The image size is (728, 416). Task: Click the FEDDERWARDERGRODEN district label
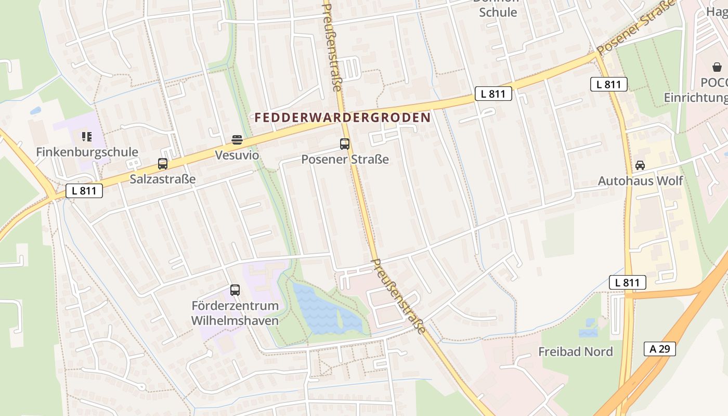343,118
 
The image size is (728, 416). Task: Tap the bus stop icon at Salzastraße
162,164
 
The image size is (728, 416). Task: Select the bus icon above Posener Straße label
344,144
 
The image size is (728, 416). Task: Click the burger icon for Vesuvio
237,139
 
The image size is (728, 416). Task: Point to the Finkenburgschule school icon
87,137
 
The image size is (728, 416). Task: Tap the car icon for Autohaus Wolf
640,165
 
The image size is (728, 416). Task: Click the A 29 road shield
659,349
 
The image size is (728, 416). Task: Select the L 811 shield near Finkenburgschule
84,191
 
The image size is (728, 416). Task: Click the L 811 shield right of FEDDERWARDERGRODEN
493,94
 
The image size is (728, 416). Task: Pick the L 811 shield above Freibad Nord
627,283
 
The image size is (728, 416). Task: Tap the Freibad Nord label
575,352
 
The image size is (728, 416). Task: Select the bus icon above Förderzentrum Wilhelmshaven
235,290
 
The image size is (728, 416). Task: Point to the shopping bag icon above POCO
717,67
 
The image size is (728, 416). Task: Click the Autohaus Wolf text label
640,181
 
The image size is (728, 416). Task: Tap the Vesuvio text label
237,155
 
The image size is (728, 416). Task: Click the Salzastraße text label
162,179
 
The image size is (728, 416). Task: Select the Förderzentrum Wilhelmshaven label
235,313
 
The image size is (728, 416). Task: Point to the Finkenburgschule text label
87,152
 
